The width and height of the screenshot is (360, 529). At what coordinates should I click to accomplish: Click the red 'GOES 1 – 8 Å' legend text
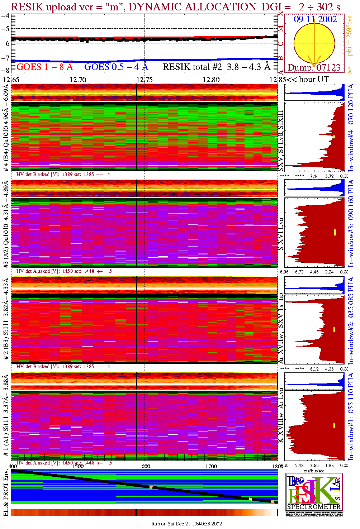(44, 67)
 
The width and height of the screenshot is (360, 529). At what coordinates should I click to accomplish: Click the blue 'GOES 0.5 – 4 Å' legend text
(116, 67)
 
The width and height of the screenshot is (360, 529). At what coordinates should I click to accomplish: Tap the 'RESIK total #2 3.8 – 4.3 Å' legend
(216, 67)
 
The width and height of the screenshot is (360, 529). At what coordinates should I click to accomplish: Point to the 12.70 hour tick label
(78, 80)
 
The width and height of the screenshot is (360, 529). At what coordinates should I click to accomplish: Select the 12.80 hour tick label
(211, 80)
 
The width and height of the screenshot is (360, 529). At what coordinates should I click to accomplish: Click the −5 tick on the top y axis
(5, 29)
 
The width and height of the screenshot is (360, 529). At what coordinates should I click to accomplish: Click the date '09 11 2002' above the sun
(315, 19)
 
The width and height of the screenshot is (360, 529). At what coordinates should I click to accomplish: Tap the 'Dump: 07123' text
(314, 68)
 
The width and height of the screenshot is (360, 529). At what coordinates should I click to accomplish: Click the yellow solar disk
(314, 43)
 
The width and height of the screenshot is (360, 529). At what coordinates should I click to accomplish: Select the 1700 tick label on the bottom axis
(211, 466)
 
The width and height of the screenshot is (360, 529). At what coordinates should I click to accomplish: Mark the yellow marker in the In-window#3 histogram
(335, 232)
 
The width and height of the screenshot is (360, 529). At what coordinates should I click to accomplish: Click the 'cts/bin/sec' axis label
(314, 471)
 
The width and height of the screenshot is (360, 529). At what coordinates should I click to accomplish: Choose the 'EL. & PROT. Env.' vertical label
(6, 493)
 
